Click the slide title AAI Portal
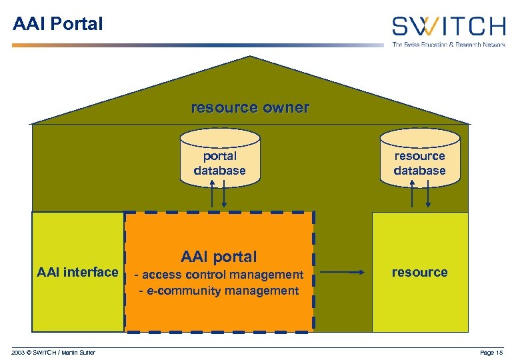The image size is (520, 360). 58,24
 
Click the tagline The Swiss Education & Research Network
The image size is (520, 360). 449,44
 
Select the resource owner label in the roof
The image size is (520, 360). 250,107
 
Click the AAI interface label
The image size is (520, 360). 77,272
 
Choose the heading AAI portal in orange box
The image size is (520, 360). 219,257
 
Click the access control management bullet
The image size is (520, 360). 219,275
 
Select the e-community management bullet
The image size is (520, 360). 219,291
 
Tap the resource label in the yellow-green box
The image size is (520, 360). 419,272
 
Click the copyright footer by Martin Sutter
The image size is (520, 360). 53,352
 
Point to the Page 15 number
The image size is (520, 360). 492,352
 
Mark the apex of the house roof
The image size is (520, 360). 251,58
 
